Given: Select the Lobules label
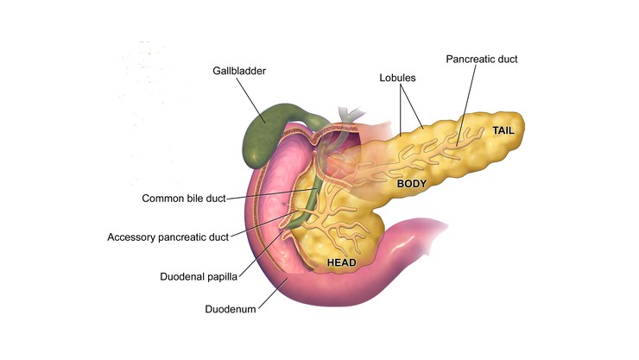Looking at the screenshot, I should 397,78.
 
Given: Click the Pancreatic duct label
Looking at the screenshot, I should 481,60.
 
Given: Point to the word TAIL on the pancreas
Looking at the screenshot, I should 504,130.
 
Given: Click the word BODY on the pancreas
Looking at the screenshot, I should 412,184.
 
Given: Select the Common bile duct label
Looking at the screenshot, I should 183,199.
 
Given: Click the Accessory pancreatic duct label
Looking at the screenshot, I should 167,237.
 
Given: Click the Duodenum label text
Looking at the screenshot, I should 230,308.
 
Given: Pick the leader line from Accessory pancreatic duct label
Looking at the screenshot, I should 255,229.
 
